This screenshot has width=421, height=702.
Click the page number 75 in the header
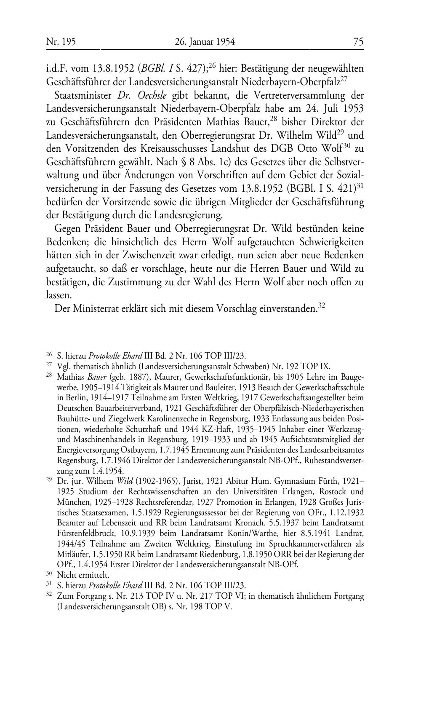[x=358, y=42]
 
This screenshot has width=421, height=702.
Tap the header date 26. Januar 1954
[x=204, y=42]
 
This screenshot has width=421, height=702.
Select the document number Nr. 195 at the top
[x=61, y=42]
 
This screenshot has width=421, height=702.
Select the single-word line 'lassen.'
[x=59, y=295]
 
